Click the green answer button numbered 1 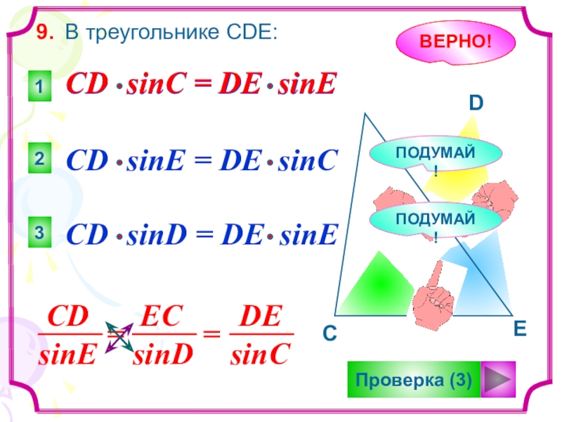point(40,88)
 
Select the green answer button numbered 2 point(40,162)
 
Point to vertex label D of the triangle point(476,104)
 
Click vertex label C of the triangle point(329,336)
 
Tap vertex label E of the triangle point(520,328)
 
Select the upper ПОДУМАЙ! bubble point(436,155)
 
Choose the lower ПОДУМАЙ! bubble point(436,220)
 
